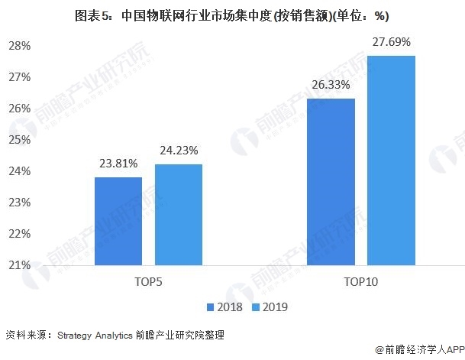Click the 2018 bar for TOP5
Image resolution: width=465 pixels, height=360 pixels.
(x=118, y=221)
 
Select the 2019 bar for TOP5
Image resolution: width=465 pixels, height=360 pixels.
(x=179, y=215)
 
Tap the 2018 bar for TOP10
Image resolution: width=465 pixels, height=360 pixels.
(x=331, y=181)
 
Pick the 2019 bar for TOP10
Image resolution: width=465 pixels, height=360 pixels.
(x=391, y=160)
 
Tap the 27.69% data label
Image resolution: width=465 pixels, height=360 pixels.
(x=392, y=41)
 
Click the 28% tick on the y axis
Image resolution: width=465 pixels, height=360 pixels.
(x=20, y=46)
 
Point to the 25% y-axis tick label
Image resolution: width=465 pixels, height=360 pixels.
(x=20, y=140)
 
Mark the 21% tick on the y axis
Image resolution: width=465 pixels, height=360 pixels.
(x=20, y=265)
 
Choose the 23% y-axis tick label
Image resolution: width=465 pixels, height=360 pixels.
(x=20, y=203)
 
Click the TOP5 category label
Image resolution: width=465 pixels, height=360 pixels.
(x=148, y=283)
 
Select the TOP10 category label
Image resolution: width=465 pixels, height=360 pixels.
(x=361, y=283)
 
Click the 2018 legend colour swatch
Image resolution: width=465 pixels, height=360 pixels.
(x=210, y=307)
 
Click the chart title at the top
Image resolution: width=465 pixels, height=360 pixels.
(x=232, y=15)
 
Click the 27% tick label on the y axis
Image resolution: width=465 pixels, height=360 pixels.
(x=20, y=77)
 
